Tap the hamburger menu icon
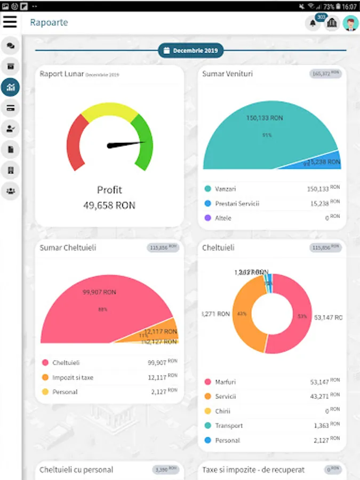pos(10,22)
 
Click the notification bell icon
pos(313,23)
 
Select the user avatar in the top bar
pos(350,23)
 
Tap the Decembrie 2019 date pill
pos(191,51)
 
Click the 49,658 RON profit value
pos(109,205)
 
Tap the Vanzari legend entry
pos(225,189)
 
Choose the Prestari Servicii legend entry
pos(237,204)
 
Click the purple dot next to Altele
pos(207,218)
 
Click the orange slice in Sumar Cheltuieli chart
pos(160,331)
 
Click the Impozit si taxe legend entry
pos(73,378)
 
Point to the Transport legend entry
pos(228,426)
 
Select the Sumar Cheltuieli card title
pos(68,248)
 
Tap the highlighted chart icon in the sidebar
pos(10,87)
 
